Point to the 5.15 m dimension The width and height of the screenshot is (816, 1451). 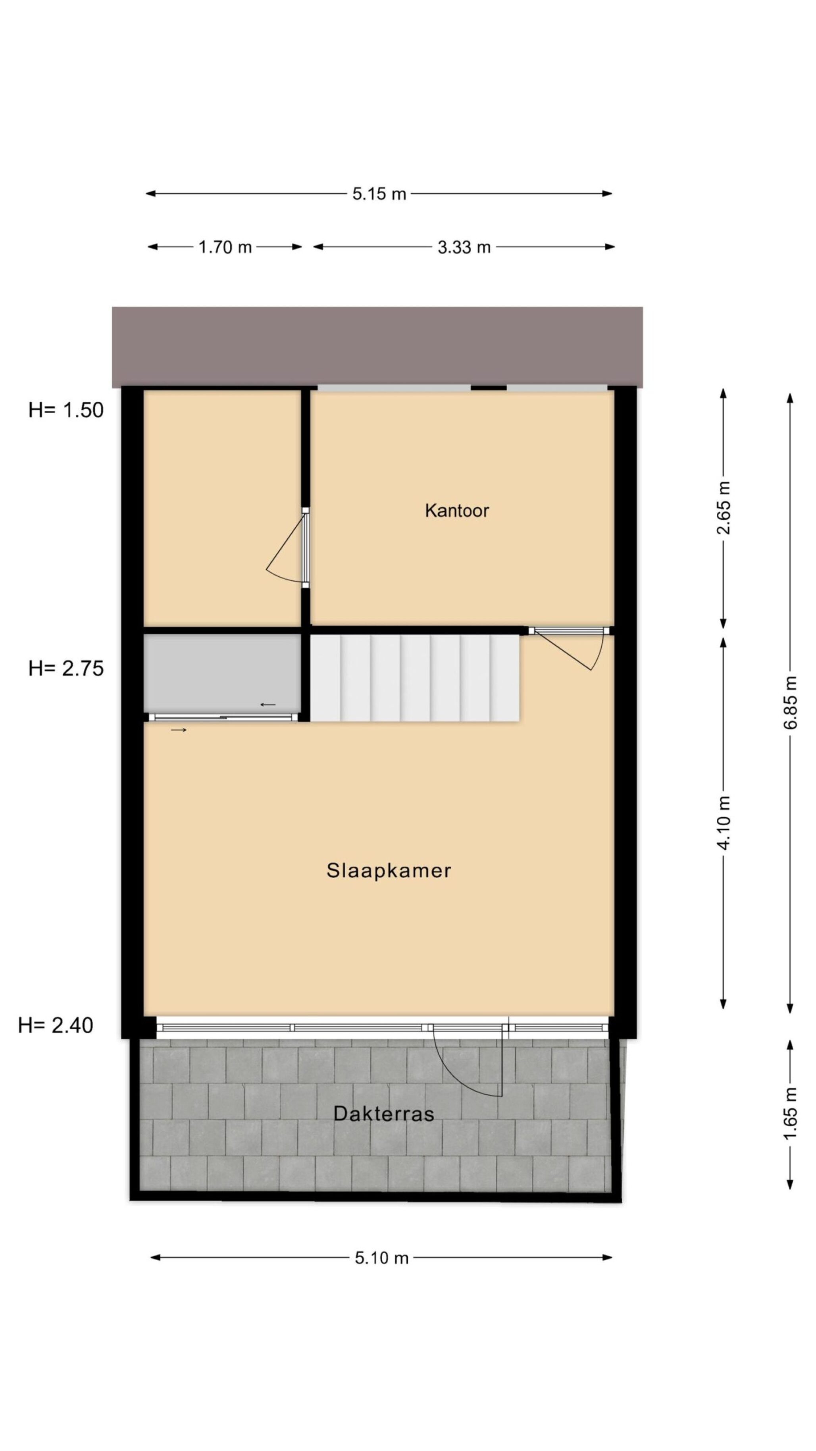379,194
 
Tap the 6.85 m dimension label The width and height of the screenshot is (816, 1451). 790,702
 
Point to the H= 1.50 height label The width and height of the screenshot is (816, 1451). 66,410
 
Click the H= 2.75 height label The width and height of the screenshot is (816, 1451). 66,669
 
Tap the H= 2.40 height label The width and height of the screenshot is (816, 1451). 55,1025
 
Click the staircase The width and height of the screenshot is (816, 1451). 415,678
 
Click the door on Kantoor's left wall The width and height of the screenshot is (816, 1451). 287,546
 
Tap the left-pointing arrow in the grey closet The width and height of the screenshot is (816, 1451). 268,705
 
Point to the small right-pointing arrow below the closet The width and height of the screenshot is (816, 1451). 179,730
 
